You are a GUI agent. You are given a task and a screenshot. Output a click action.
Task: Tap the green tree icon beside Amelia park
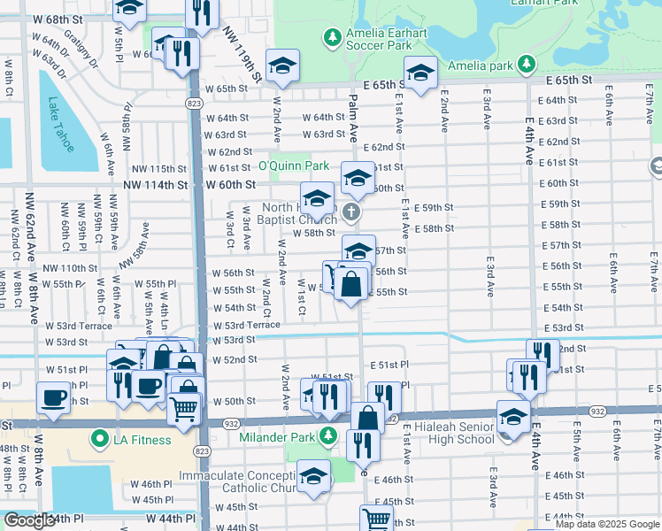click(x=527, y=65)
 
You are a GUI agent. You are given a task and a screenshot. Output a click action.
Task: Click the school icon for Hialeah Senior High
click(x=513, y=415)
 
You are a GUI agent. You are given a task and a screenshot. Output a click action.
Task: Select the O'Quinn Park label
click(x=293, y=165)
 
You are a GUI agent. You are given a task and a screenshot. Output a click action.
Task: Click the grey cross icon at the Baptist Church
click(x=351, y=212)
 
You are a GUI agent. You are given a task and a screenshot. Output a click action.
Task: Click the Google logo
click(x=28, y=520)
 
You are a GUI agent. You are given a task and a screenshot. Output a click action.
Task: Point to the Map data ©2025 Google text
click(x=606, y=524)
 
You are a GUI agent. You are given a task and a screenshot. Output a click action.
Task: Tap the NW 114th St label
click(x=157, y=185)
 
